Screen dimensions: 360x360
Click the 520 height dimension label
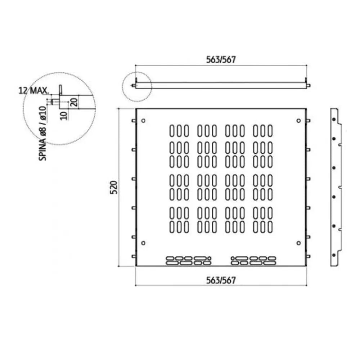click(x=114, y=187)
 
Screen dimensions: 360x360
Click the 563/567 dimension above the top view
click(x=221, y=60)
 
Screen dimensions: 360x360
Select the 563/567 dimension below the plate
click(x=221, y=280)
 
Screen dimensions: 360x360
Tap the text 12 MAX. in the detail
click(x=34, y=91)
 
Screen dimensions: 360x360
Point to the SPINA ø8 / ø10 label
click(x=43, y=134)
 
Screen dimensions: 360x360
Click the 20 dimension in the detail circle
click(x=74, y=102)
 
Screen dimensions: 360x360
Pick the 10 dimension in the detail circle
click(x=64, y=116)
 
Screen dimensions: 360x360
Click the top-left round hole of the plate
click(x=143, y=121)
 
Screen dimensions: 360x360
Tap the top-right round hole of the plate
click(x=298, y=121)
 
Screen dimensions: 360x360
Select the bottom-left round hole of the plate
click(x=143, y=243)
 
